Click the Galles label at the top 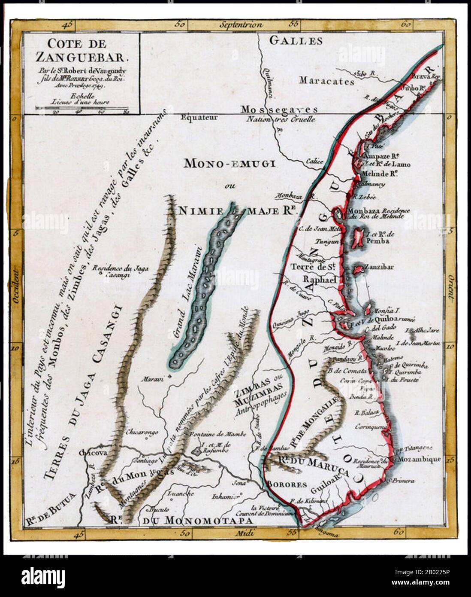[296, 41]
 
